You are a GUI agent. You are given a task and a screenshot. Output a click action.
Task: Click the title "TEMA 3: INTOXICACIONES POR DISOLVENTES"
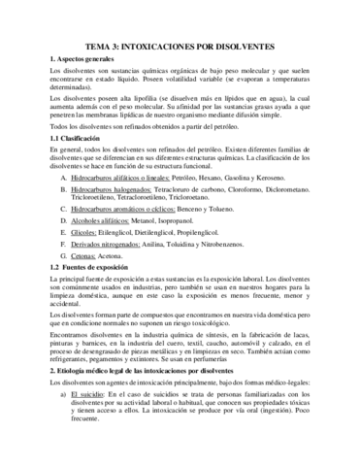pyautogui.click(x=180, y=46)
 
